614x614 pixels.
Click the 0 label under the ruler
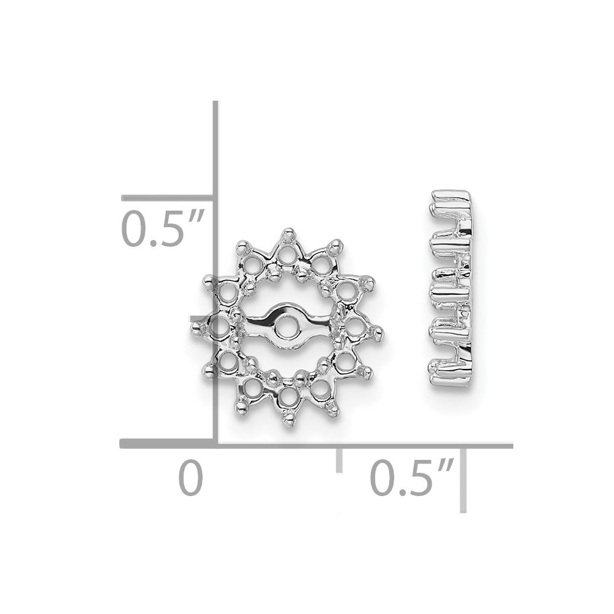pyautogui.click(x=190, y=480)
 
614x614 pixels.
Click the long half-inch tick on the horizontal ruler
pyautogui.click(x=464, y=479)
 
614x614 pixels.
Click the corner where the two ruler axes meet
pyautogui.click(x=216, y=444)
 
